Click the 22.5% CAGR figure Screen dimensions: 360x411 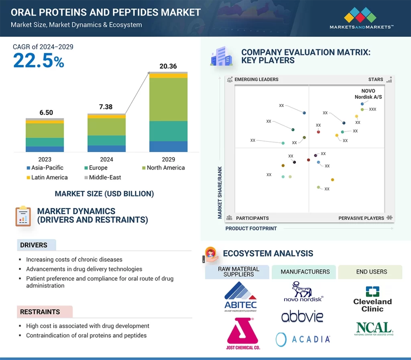[39, 60]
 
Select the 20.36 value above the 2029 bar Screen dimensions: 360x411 [168, 66]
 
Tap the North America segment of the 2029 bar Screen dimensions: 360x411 [168, 99]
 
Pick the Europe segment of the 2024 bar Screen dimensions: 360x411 [106, 140]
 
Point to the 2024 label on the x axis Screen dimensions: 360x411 [106, 159]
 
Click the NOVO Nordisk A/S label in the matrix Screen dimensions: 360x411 [368, 94]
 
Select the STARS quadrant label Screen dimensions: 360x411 [376, 79]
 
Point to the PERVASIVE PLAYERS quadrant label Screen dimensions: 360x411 [362, 218]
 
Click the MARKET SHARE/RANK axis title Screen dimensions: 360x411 [220, 192]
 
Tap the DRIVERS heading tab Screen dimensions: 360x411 [34, 245]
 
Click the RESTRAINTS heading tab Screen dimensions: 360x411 [40, 311]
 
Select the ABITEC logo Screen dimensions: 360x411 [240, 297]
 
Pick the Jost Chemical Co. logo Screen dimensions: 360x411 [240, 334]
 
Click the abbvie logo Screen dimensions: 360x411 [302, 317]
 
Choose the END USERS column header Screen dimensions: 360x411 [371, 271]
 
